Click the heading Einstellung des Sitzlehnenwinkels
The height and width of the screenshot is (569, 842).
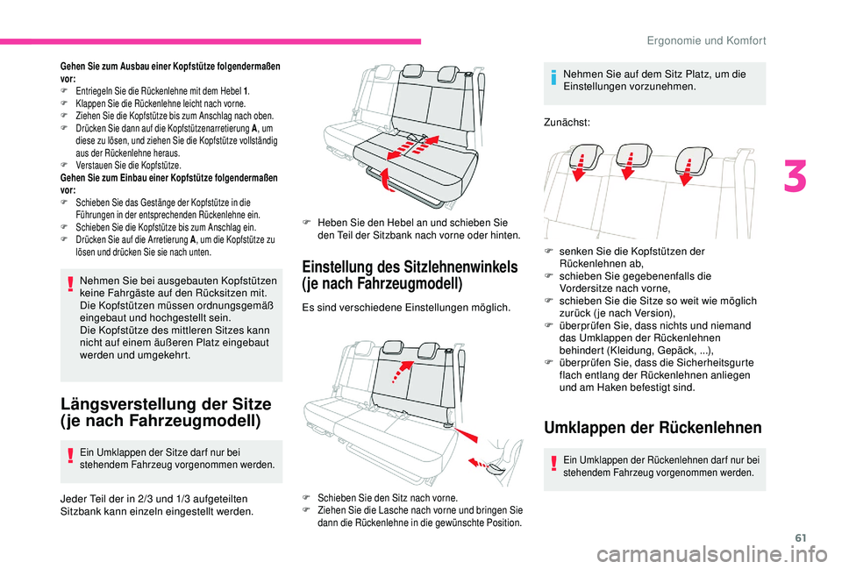tap(410, 267)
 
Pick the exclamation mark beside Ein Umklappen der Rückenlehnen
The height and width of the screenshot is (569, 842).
tap(554, 465)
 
